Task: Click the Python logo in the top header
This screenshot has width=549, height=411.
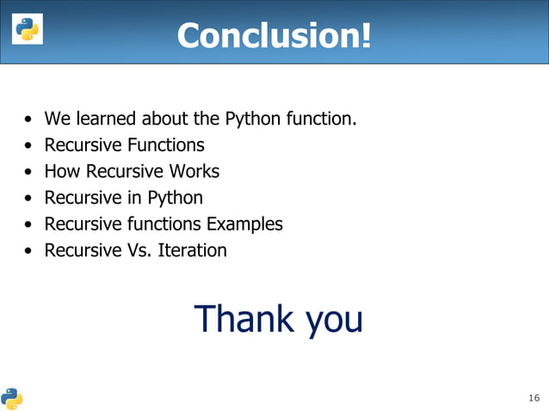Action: tap(26, 29)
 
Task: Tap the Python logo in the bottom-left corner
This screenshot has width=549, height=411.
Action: tap(11, 396)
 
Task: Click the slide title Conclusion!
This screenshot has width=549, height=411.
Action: tap(274, 35)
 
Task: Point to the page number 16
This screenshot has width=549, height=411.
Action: tap(534, 398)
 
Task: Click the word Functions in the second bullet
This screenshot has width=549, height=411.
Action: tap(163, 144)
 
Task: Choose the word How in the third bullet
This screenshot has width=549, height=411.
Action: tap(59, 171)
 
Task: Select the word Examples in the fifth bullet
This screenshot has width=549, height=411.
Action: tap(244, 224)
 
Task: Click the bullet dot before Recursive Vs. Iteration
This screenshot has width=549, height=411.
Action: tap(30, 252)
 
